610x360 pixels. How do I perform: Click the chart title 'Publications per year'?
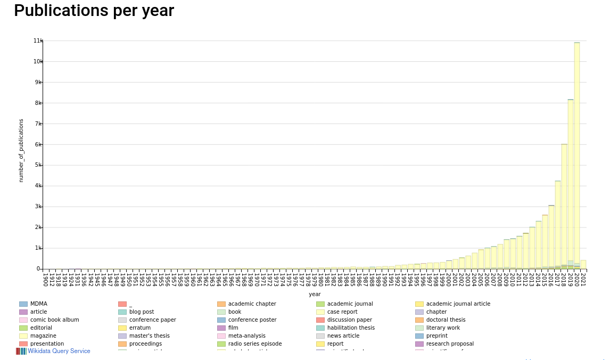click(x=94, y=11)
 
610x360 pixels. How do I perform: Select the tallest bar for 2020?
click(x=577, y=154)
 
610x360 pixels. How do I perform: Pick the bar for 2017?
click(x=558, y=224)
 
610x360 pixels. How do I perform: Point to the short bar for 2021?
click(x=583, y=265)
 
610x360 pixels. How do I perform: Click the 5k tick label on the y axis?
click(x=38, y=165)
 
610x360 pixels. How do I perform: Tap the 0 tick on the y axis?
click(x=38, y=269)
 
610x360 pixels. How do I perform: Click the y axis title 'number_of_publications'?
click(x=22, y=151)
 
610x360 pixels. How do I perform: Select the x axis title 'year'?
click(x=315, y=294)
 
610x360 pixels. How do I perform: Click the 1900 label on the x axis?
click(x=45, y=279)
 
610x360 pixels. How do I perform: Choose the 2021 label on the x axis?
click(x=583, y=279)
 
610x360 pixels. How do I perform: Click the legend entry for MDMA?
click(x=38, y=304)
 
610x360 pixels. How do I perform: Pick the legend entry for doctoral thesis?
click(x=446, y=320)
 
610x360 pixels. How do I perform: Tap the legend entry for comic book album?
click(x=54, y=320)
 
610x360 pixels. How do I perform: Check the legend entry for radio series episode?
click(x=255, y=344)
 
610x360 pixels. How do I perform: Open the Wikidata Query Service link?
click(x=59, y=351)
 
